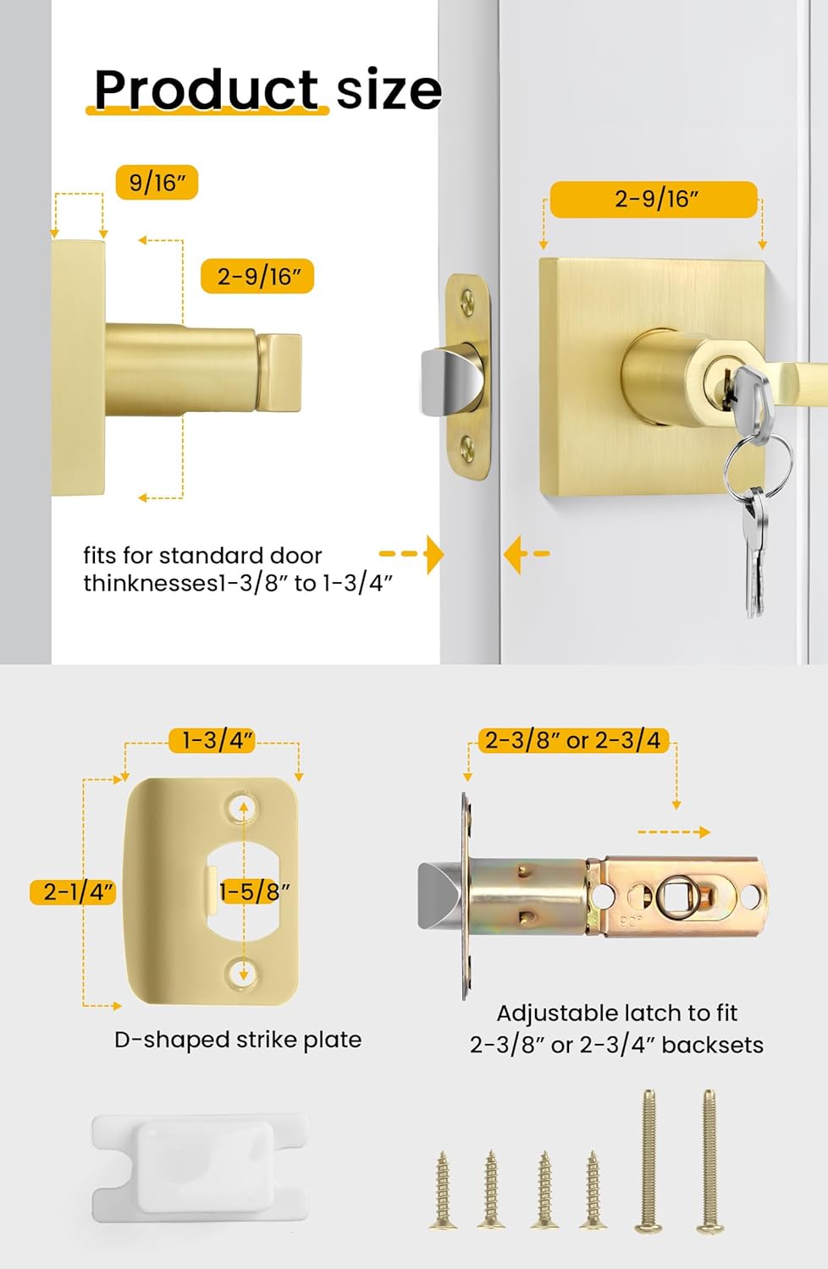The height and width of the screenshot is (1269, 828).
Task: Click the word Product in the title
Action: (206, 89)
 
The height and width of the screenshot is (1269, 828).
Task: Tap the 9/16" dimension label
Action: (157, 182)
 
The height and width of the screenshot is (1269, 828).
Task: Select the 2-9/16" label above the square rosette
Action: (654, 200)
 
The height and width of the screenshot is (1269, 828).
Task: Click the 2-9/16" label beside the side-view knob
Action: (257, 277)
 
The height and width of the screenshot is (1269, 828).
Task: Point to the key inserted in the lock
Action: (748, 392)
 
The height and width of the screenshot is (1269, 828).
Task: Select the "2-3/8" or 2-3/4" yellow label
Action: (573, 740)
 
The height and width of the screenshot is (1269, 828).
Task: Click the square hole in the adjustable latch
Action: (675, 895)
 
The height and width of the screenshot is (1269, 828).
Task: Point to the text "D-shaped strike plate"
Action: (238, 1040)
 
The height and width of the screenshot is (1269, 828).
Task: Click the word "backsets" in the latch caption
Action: (712, 1045)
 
